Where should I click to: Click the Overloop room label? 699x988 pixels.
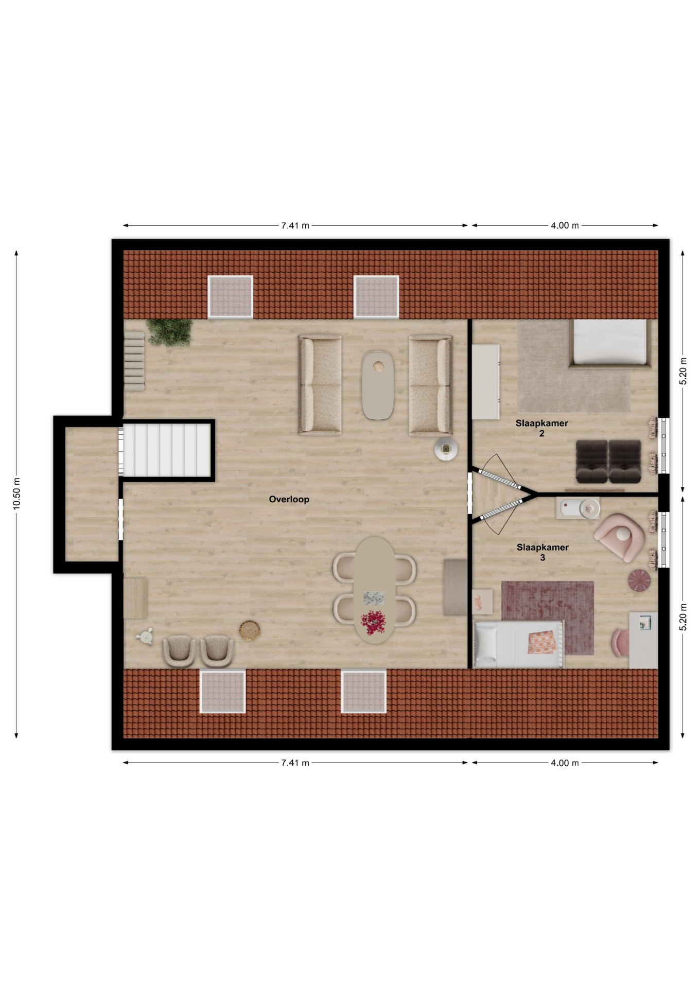pyautogui.click(x=289, y=499)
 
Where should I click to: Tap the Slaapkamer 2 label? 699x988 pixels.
pyautogui.click(x=541, y=428)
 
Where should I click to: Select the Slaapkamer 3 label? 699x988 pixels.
pyautogui.click(x=543, y=552)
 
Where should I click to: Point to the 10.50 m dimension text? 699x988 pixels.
pyautogui.click(x=16, y=494)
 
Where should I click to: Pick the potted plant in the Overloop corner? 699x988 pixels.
pyautogui.click(x=169, y=332)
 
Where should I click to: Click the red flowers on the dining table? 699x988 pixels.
pyautogui.click(x=373, y=622)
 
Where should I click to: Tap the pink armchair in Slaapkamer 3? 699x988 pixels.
pyautogui.click(x=619, y=537)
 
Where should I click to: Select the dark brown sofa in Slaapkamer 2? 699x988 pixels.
pyautogui.click(x=608, y=462)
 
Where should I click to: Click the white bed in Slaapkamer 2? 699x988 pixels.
pyautogui.click(x=610, y=343)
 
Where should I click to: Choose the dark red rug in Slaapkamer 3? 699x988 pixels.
pyautogui.click(x=548, y=617)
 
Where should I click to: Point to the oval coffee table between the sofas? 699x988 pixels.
pyautogui.click(x=378, y=385)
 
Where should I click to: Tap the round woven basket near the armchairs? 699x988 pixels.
pyautogui.click(x=249, y=631)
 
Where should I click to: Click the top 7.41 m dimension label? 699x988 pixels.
pyautogui.click(x=295, y=225)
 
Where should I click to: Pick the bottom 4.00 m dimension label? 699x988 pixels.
pyautogui.click(x=565, y=763)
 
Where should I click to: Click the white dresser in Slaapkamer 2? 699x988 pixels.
pyautogui.click(x=486, y=382)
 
